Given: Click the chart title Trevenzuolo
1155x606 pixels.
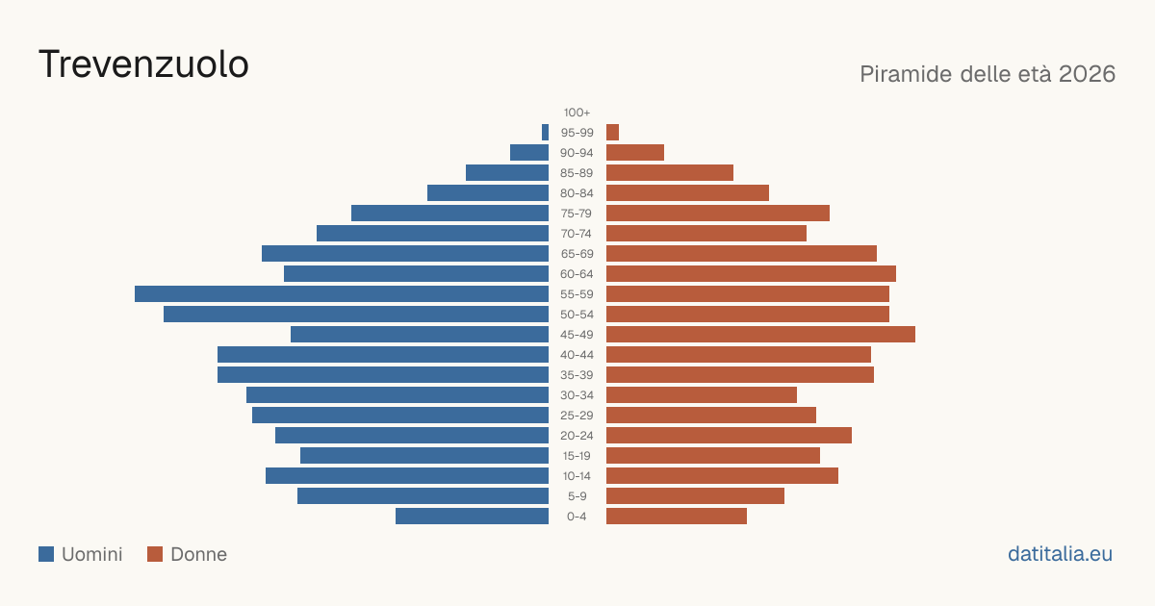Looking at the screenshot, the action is [143, 64].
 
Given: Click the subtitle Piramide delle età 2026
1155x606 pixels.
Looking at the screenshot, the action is [988, 74].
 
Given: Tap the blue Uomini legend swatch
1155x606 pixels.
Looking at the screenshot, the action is [46, 554].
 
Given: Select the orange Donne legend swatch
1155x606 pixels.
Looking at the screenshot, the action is [155, 554].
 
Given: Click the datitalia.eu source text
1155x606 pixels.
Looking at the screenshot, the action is [1060, 554].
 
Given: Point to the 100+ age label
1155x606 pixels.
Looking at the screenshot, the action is [577, 113].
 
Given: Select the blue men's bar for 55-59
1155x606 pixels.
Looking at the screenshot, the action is [342, 293].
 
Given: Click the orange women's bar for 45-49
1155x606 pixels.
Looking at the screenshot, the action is [760, 335].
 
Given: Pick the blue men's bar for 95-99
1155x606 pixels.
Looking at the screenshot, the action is [545, 133].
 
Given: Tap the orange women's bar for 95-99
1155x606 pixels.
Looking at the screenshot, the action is [612, 133].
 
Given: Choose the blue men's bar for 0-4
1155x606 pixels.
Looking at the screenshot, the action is [473, 517].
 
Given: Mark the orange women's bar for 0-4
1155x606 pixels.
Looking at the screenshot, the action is [677, 517].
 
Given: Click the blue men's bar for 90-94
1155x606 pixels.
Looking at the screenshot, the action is [529, 153].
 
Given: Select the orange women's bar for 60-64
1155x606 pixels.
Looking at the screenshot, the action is [752, 273].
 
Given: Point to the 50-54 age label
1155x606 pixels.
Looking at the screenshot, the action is [577, 315].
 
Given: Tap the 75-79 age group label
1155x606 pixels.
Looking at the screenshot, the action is [577, 214].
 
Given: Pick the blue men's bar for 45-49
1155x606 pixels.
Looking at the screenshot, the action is [420, 335].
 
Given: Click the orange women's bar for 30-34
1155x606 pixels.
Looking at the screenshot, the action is [702, 395].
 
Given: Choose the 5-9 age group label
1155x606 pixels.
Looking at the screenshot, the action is [577, 496].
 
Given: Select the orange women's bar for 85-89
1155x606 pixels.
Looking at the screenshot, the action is [670, 172].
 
